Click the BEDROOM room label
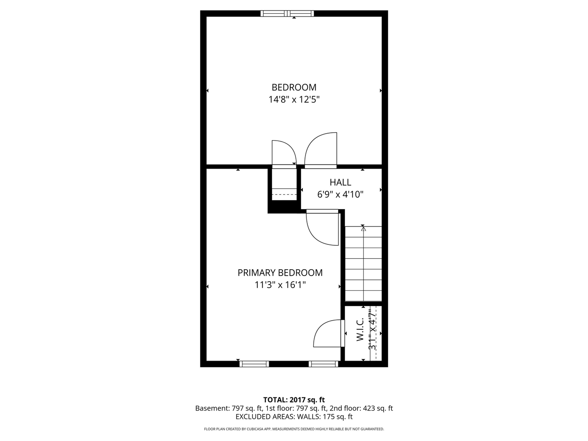point(294,87)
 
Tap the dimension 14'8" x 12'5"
point(294,99)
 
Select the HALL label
point(340,182)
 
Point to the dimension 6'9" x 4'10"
point(340,194)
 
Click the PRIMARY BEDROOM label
point(280,273)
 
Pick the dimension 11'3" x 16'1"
point(280,285)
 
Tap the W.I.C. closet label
point(360,329)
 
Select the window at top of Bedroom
point(288,13)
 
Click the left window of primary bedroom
point(254,364)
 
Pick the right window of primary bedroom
point(323,364)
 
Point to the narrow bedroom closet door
point(283,153)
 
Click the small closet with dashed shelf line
point(284,188)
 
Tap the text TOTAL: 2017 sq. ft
point(294,400)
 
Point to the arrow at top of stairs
point(363,228)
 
